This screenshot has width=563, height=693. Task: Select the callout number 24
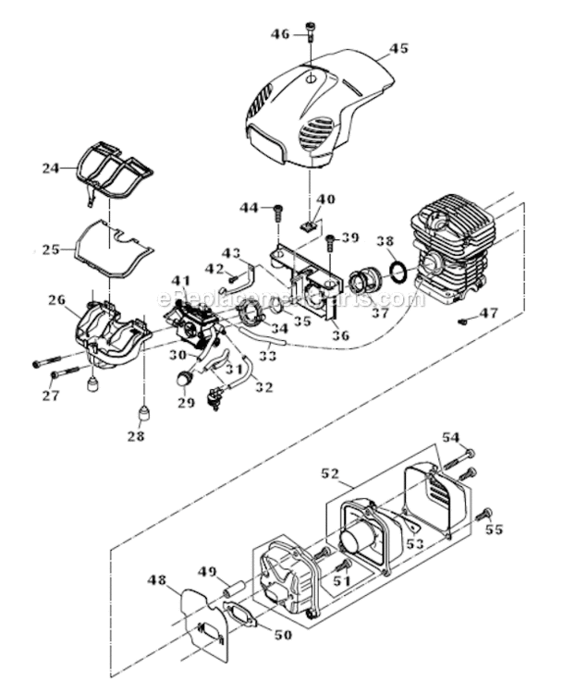(51, 168)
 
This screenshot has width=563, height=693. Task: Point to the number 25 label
(51, 249)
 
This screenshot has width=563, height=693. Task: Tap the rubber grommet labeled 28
(143, 409)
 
